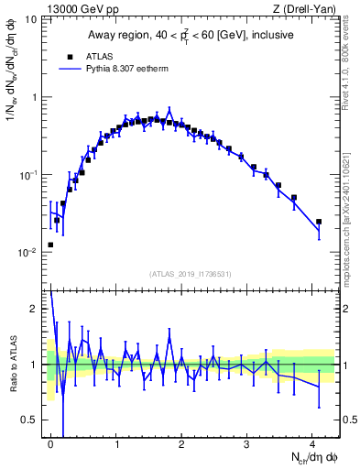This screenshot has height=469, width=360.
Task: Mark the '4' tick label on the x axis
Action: pos(312,444)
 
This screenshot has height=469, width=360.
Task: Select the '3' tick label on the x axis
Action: pos(247,444)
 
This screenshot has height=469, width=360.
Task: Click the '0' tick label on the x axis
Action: pos(51,444)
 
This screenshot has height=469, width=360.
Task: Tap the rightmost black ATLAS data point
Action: pos(319,222)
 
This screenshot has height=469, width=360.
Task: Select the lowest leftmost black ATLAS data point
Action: pos(50,245)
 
